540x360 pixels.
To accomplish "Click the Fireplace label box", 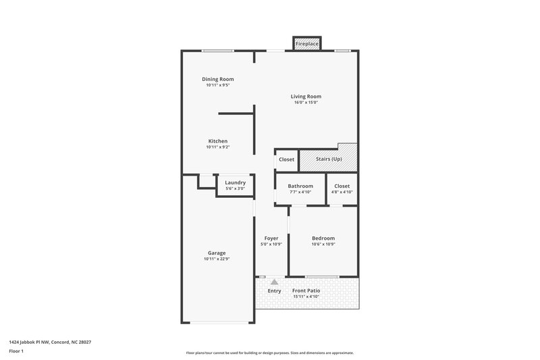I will pos(306,44).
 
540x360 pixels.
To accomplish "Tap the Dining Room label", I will pos(217,80).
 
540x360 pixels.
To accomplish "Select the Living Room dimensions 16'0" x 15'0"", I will pos(306,103).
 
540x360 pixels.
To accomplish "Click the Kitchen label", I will pos(217,141).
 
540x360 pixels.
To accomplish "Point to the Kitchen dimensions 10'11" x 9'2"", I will pos(217,147).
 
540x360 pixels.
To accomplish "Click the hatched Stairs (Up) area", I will pos(328,159).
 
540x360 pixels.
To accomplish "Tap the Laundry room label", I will pos(235,182).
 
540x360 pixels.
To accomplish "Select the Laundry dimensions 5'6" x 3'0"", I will pos(235,188).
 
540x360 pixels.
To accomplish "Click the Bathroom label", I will pos(300,186).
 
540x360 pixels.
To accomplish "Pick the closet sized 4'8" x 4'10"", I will pos(342,188).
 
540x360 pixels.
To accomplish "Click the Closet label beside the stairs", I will pos(286,159).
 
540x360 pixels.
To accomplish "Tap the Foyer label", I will pos(271,238).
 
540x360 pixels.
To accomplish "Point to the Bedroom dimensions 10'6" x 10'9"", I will pos(323,245).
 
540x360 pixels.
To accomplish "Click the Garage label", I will pos(217,253).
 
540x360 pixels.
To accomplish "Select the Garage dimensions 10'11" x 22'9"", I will pos(217,259).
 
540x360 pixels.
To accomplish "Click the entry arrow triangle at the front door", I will pos(274,282).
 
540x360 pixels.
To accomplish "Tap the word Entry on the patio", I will pos(274,291).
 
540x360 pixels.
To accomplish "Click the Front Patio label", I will pos(306,290).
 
